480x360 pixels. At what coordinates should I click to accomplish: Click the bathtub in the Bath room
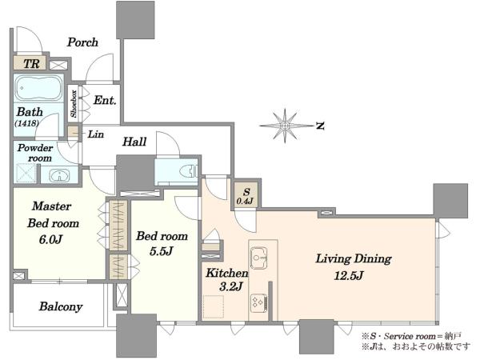point(38,89)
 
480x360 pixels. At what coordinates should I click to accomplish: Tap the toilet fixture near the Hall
point(189,171)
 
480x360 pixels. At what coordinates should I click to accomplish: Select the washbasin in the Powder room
point(59,176)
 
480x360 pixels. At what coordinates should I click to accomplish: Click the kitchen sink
point(259,258)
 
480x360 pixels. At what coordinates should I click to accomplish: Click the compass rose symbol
point(285,126)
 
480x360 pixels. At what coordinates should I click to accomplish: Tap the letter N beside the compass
point(320,126)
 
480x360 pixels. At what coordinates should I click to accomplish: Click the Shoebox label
point(74,103)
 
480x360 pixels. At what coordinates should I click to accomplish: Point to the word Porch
point(82,42)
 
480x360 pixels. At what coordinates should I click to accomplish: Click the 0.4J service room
point(246,195)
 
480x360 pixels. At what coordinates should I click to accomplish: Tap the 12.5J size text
point(348,276)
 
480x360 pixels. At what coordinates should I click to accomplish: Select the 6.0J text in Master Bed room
point(51,239)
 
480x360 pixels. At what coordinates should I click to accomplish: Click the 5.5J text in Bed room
point(162,251)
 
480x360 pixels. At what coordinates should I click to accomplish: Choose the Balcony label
point(61,306)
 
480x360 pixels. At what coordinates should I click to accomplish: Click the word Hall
point(134,142)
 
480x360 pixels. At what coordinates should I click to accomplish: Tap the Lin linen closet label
point(96,134)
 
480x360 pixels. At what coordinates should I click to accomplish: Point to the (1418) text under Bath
point(26,123)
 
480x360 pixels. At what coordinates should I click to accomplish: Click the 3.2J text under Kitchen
point(231,286)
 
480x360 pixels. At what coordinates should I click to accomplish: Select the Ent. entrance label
point(105,100)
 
